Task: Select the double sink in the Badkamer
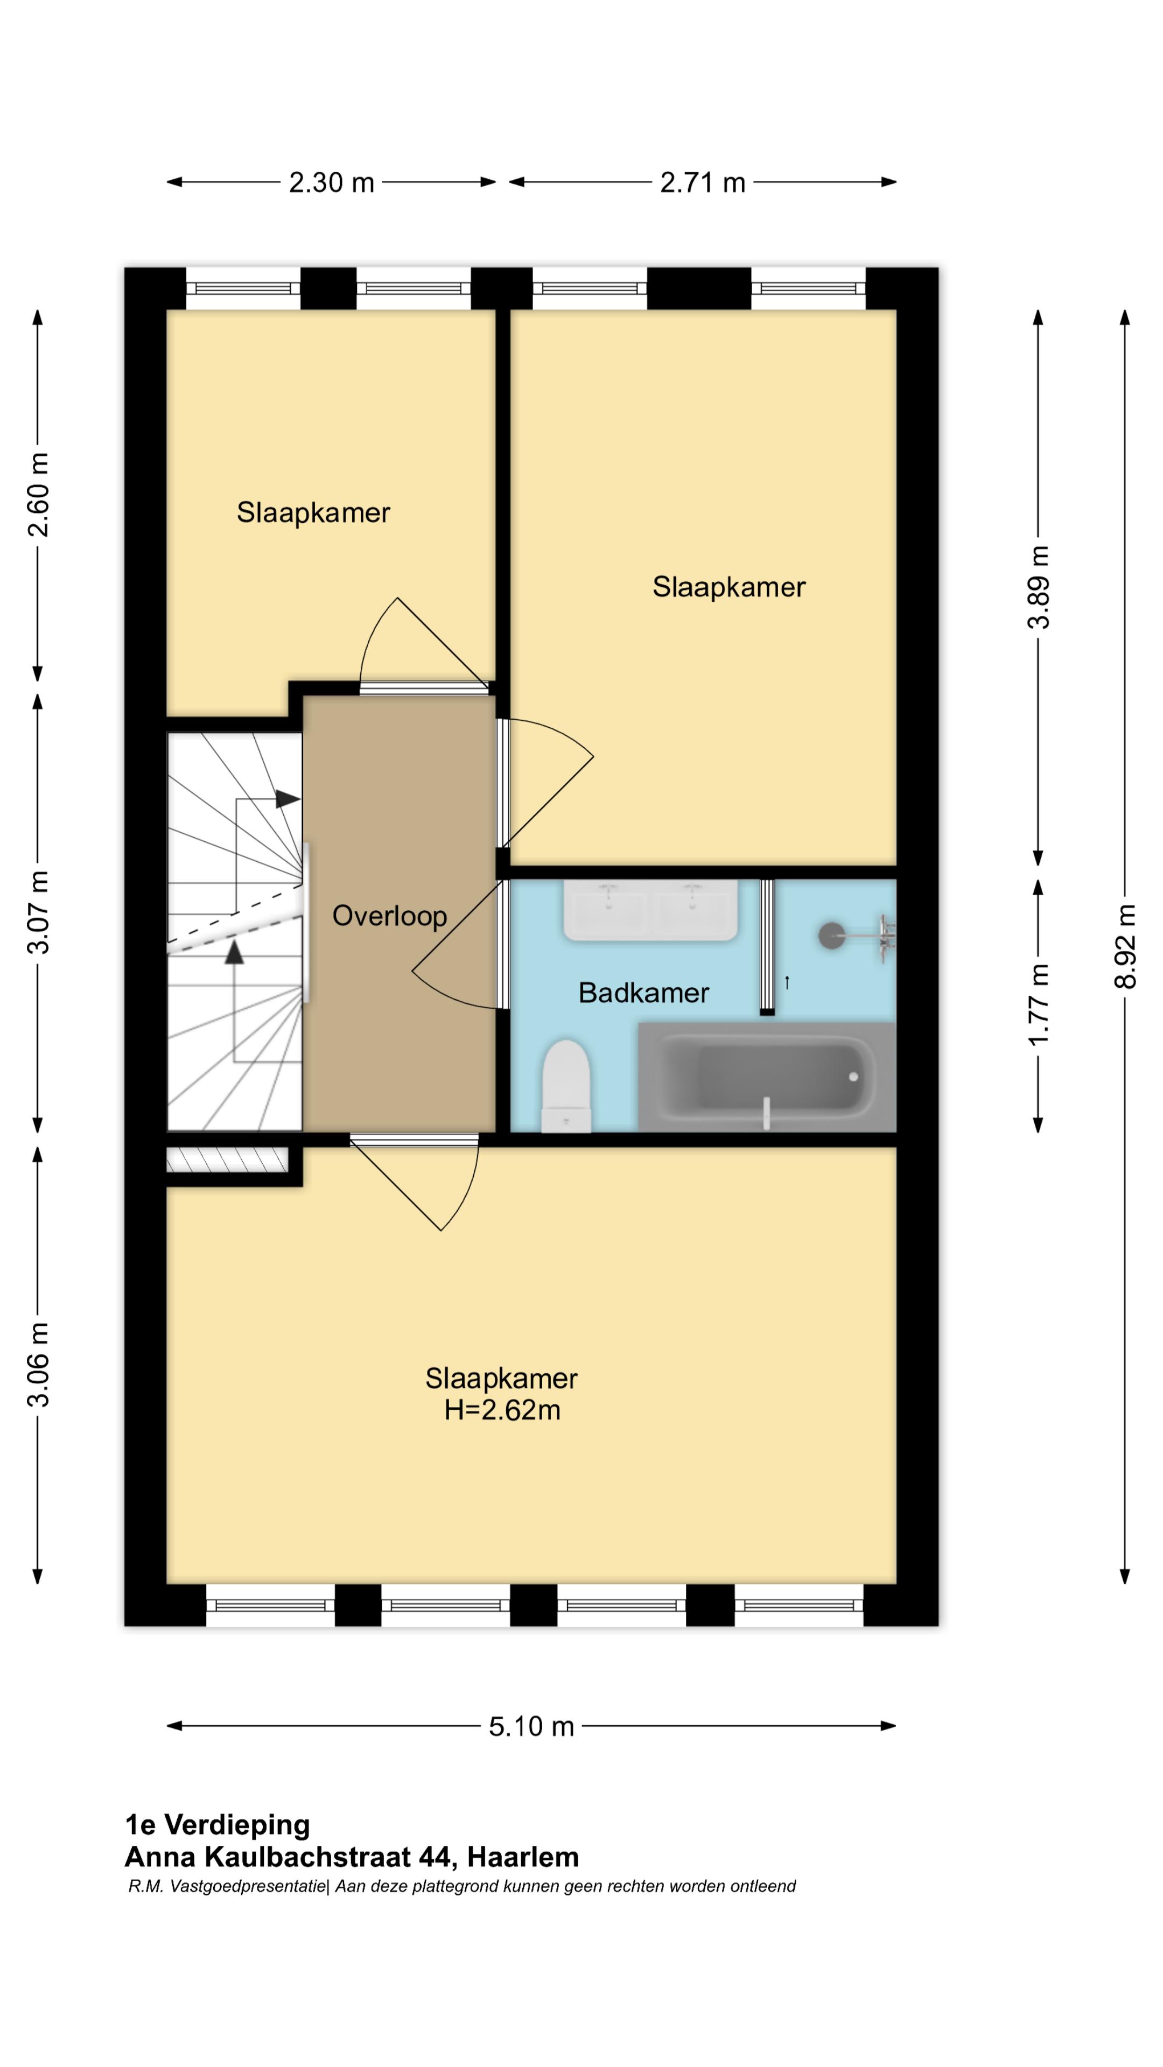pos(650,910)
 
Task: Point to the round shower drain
pos(831,935)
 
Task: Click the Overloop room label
pos(389,916)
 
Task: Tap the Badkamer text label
pos(644,993)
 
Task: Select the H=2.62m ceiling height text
pos(502,1410)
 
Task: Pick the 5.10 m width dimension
pos(531,1726)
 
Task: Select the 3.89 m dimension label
pos(1039,587)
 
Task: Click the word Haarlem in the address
pos(522,1857)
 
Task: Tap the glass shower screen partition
pos(767,947)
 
